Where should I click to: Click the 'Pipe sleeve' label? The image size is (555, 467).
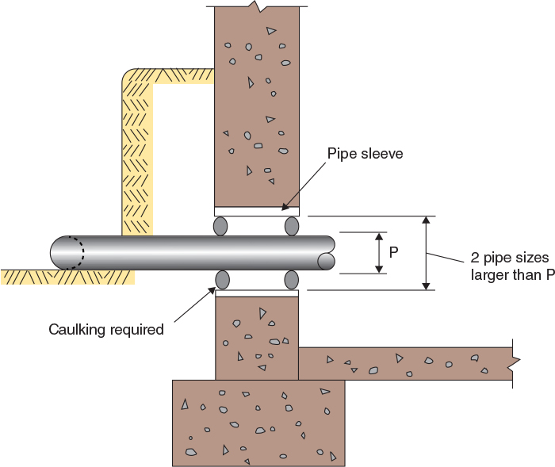(x=366, y=153)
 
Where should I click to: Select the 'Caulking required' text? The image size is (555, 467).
(x=106, y=329)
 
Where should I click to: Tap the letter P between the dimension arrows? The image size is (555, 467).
(x=393, y=253)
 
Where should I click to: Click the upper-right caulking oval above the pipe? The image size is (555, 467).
(x=291, y=226)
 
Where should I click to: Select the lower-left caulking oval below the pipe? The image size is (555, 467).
(x=222, y=280)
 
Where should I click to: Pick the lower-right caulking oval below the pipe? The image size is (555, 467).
(x=291, y=280)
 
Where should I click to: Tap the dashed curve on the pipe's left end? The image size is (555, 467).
(x=78, y=253)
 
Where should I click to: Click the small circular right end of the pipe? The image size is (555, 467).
(x=325, y=260)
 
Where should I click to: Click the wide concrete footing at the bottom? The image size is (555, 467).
(x=258, y=422)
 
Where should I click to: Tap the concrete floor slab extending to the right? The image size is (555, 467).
(x=404, y=363)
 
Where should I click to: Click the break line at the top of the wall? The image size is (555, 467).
(x=256, y=6)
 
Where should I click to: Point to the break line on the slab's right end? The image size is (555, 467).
(x=515, y=363)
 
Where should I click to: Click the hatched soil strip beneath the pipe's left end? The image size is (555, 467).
(x=67, y=277)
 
